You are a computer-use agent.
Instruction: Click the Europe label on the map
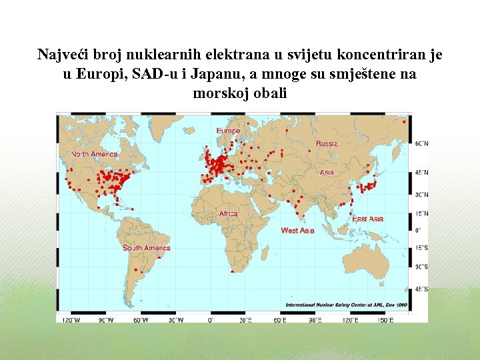pyautogui.click(x=228, y=131)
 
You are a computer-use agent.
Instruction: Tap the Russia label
pyautogui.click(x=327, y=143)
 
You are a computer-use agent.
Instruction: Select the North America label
pyautogui.click(x=95, y=154)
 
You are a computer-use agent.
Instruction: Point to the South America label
pyautogui.click(x=146, y=248)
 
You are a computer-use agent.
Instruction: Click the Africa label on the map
pyautogui.click(x=228, y=214)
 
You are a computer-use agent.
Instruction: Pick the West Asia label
pyautogui.click(x=297, y=231)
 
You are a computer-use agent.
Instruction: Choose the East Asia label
pyautogui.click(x=368, y=219)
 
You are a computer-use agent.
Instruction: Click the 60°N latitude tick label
pyautogui.click(x=422, y=143)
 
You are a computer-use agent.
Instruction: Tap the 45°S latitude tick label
pyautogui.click(x=422, y=289)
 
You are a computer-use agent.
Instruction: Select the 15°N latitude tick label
pyautogui.click(x=422, y=213)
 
